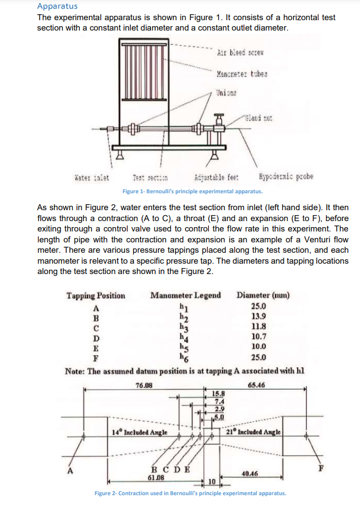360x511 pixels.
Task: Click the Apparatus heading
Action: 57,7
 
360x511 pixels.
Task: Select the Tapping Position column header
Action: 95,295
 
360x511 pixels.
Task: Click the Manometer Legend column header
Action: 185,295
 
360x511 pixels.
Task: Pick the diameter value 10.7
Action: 258,337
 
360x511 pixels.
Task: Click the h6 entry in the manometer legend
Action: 185,358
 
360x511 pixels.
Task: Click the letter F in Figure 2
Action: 322,467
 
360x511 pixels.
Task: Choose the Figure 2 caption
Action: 190,493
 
